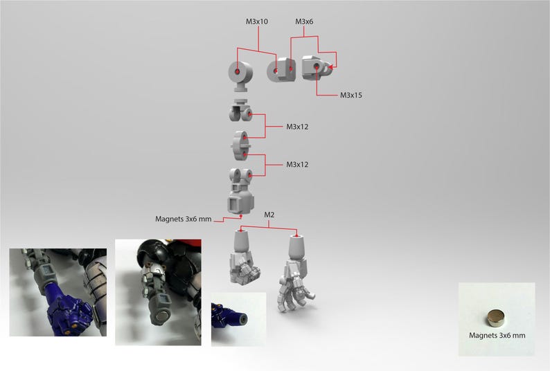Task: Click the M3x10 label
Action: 257,21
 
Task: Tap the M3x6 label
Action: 304,21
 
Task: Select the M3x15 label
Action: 351,95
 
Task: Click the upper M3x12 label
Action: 297,127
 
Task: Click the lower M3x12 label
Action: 297,165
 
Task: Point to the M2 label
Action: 269,215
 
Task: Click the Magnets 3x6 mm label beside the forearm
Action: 184,219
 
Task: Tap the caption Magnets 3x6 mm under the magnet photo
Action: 497,335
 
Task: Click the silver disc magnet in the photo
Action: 496,318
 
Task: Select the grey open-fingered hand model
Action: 295,273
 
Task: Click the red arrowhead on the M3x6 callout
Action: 330,66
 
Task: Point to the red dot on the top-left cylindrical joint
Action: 238,72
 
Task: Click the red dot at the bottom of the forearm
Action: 241,217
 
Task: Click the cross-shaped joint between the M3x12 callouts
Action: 241,145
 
